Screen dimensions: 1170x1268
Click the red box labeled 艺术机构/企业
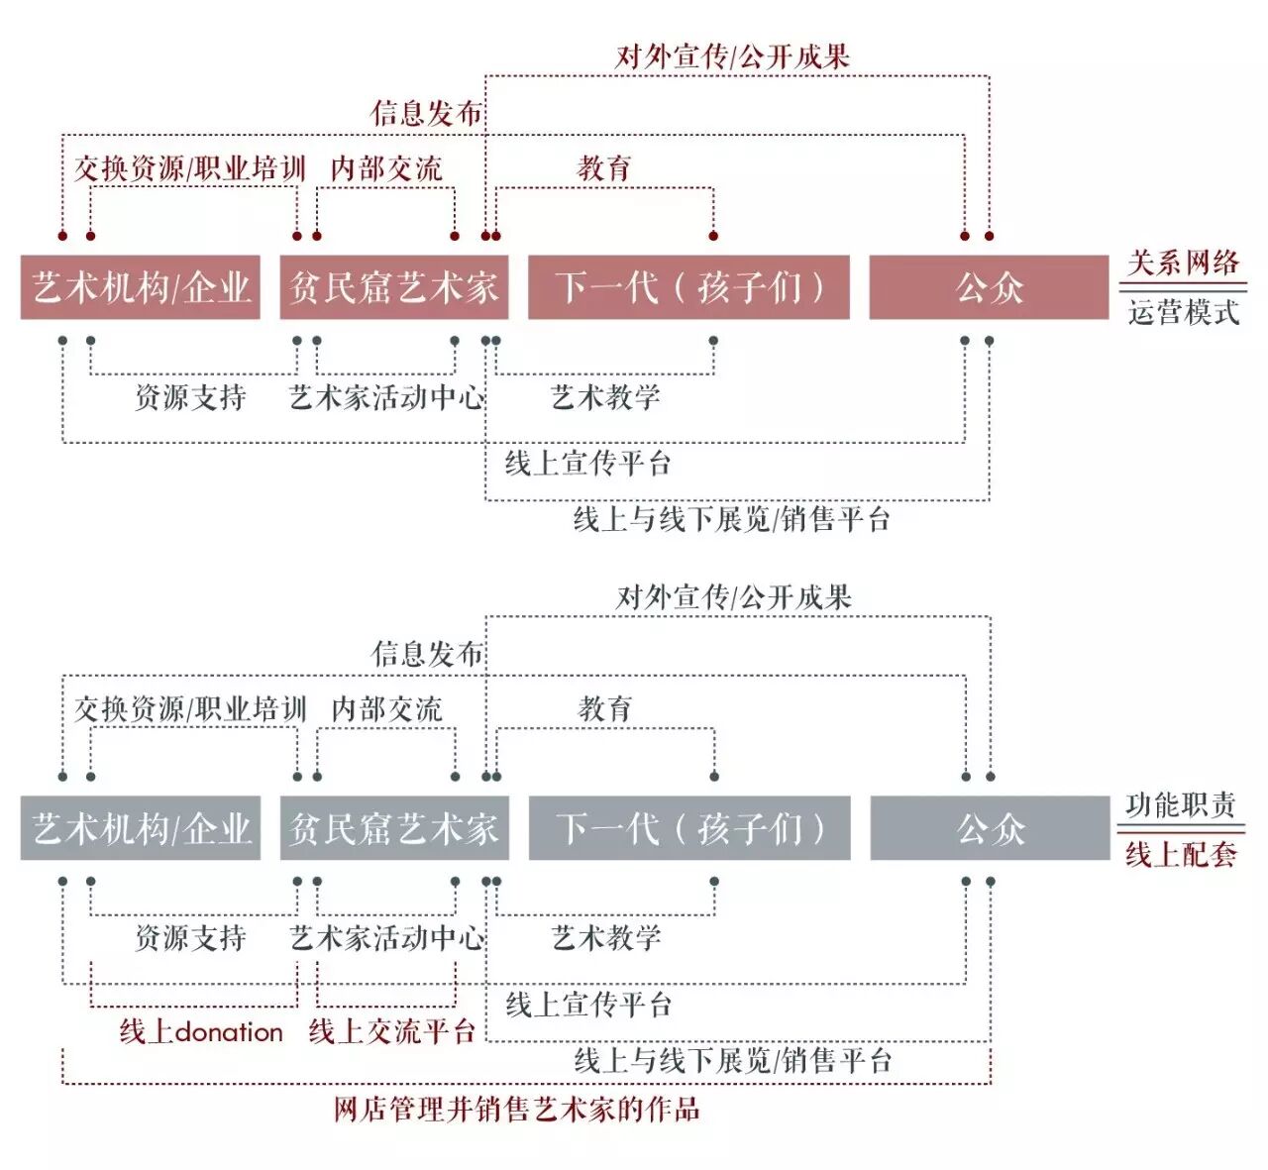point(141,287)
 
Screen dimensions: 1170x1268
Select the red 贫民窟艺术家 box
point(394,287)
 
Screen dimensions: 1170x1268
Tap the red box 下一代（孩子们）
point(688,287)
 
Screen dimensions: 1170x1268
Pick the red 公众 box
point(989,287)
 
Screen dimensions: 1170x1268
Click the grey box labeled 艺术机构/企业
point(141,828)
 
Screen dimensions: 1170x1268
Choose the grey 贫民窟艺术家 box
point(394,828)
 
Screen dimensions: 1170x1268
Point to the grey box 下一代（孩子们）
point(689,828)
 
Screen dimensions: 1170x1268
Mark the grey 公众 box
point(990,828)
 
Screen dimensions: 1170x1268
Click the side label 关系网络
point(1183,263)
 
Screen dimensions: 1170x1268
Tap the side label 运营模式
point(1183,312)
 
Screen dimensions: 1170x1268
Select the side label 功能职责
point(1180,804)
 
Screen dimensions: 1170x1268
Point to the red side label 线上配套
point(1180,854)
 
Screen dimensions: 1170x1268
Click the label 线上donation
point(201,1031)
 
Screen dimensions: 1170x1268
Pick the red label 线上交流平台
point(392,1031)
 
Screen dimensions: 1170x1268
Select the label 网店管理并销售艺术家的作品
point(517,1109)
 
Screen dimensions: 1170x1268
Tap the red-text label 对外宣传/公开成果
point(733,56)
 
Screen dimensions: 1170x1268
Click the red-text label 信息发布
point(427,113)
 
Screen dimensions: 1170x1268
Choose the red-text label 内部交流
point(386,168)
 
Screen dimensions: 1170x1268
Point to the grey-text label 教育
point(604,708)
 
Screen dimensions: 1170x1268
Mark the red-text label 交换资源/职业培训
point(190,168)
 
